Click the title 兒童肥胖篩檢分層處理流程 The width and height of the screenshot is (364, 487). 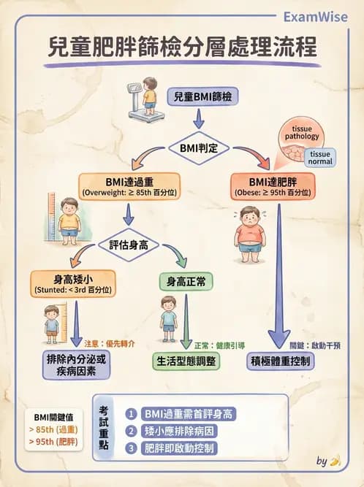(181, 48)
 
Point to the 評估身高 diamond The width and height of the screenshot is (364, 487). (129, 245)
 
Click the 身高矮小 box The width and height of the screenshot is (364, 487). (73, 283)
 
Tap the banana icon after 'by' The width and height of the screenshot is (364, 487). (335, 461)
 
